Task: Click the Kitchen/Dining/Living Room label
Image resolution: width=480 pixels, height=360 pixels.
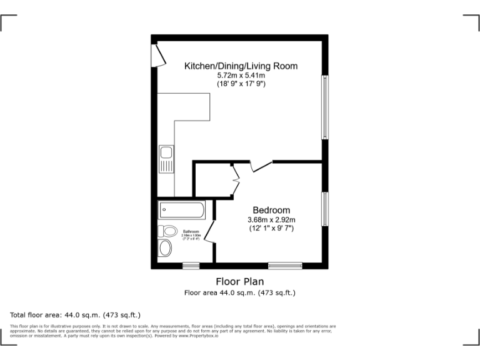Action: (240, 66)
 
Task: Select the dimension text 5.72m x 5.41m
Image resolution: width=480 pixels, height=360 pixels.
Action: (240, 75)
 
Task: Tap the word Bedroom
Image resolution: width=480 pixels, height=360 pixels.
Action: (271, 210)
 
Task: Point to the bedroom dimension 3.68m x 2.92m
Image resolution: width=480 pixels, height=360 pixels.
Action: (271, 219)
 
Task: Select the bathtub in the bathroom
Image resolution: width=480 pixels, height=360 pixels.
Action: (181, 210)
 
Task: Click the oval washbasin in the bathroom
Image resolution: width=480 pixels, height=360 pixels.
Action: (165, 248)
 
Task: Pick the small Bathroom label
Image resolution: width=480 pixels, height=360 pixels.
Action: (191, 232)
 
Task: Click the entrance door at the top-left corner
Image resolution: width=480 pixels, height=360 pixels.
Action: (160, 54)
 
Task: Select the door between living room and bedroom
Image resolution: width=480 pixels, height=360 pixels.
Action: (261, 166)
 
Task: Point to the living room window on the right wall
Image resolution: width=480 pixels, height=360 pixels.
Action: (324, 107)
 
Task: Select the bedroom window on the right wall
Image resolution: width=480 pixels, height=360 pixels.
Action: (324, 209)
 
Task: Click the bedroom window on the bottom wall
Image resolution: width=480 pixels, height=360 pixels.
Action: (285, 266)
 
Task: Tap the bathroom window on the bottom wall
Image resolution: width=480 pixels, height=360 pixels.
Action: (191, 266)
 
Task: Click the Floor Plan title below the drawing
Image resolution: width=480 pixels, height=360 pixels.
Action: (240, 282)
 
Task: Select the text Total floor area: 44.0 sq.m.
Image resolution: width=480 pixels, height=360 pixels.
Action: (75, 315)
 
